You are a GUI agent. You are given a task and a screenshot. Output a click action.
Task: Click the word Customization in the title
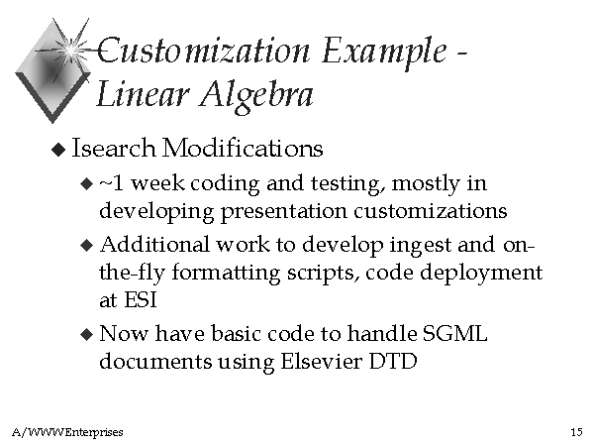(x=204, y=51)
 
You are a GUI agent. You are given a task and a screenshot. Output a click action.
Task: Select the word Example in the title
(x=384, y=54)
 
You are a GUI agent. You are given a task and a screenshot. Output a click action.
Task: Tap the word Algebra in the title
(x=256, y=96)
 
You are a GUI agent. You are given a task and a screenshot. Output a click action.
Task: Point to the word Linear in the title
(x=143, y=94)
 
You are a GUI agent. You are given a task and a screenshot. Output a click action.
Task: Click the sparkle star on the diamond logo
(x=70, y=50)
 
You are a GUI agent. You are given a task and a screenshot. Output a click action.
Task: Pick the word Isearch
(x=114, y=148)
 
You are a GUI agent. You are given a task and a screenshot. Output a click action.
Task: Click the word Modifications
(x=243, y=148)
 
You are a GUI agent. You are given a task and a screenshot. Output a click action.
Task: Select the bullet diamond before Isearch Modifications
(x=58, y=149)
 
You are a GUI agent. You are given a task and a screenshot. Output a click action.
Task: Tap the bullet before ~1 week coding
(x=87, y=184)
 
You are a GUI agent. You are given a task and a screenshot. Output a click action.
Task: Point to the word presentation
(x=284, y=212)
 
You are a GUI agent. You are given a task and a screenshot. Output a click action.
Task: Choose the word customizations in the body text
(x=431, y=211)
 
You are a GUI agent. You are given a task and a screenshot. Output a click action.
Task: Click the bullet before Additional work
(x=87, y=245)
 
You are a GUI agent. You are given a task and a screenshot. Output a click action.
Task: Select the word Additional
(x=154, y=244)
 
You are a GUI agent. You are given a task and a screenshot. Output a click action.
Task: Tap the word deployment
(x=481, y=274)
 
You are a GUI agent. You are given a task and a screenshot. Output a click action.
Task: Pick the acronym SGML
(x=454, y=334)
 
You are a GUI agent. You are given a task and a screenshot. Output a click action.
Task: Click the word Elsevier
(x=321, y=361)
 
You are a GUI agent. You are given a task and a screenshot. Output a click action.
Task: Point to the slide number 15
(x=576, y=432)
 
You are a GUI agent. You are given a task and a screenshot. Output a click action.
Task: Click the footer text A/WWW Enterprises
(x=67, y=432)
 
